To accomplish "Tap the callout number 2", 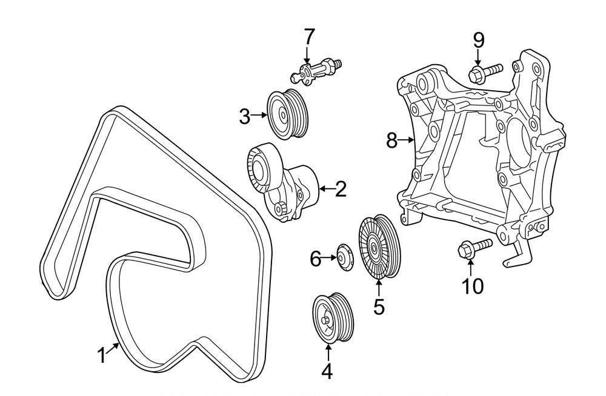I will (341, 190).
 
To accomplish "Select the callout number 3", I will (244, 115).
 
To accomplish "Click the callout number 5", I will (379, 306).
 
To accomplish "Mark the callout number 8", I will (392, 141).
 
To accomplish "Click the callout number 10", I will (473, 285).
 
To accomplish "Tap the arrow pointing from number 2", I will (325, 190).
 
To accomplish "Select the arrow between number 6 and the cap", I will (330, 258).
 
